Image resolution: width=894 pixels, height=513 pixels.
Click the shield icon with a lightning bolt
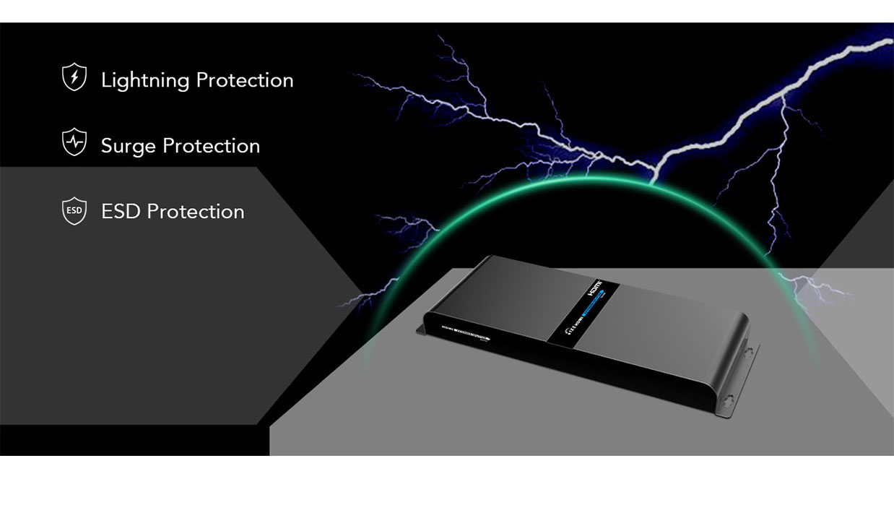(74, 77)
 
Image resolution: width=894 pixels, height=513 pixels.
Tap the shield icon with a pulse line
(74, 142)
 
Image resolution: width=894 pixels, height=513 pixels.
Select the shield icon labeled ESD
(74, 211)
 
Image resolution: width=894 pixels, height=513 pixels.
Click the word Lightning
(145, 80)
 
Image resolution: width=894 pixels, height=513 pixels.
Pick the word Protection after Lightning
(245, 79)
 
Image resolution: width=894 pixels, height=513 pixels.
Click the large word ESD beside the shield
(121, 211)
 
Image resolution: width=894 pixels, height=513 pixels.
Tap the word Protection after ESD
(196, 211)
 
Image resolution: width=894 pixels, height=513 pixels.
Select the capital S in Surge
(107, 146)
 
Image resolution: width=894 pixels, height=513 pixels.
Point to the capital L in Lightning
(105, 79)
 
